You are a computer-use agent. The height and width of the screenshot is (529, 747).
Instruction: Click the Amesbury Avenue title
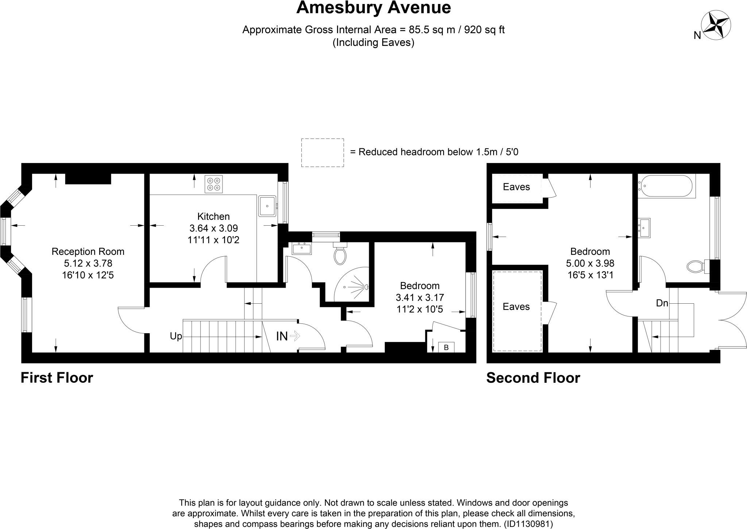(373, 8)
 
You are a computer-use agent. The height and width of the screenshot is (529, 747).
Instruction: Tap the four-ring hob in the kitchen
(214, 184)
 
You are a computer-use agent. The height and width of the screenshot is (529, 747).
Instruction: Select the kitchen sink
(267, 206)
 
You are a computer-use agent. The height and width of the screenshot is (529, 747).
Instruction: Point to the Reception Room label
(88, 252)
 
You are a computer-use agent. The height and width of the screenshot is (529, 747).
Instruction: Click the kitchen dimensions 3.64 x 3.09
(213, 228)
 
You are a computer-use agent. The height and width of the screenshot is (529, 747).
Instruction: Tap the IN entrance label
(282, 336)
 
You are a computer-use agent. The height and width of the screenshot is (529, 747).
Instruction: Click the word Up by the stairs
(176, 336)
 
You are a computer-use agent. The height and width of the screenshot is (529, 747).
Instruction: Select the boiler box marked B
(446, 347)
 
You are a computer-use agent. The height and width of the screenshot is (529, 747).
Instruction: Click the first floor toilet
(340, 254)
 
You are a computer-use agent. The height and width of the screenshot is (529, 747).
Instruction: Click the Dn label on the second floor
(662, 303)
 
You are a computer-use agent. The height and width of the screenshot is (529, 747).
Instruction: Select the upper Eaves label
(516, 187)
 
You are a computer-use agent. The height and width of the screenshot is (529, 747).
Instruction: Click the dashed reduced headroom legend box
(322, 152)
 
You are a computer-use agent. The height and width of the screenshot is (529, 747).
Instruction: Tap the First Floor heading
(57, 378)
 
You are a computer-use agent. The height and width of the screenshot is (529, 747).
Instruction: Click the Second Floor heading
(533, 378)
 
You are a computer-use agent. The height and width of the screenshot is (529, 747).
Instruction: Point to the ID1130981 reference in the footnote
(529, 524)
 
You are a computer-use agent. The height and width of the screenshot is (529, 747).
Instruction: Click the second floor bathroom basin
(644, 228)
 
